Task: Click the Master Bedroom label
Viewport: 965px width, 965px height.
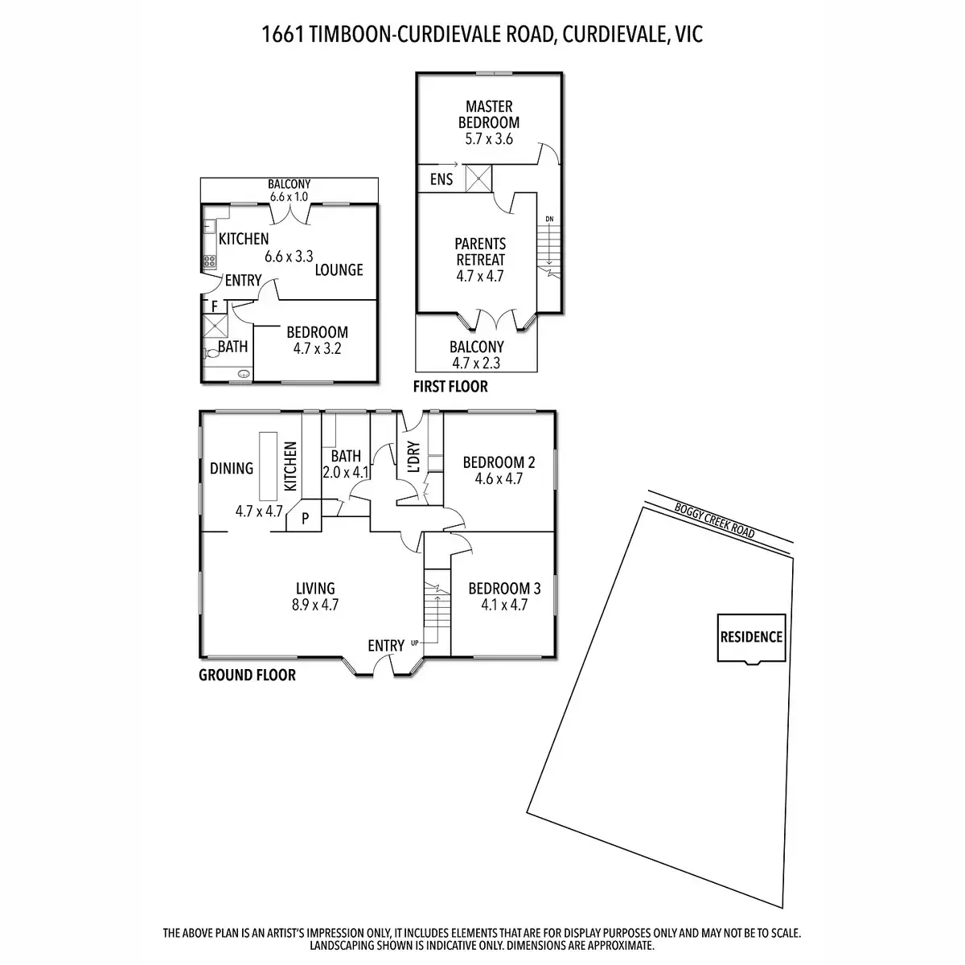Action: pos(489,114)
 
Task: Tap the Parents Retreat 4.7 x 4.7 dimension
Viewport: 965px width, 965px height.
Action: pos(480,276)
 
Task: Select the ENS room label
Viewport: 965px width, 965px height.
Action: pos(441,179)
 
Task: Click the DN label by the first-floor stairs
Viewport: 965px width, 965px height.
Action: pos(549,219)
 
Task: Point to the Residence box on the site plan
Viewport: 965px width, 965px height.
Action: pos(751,638)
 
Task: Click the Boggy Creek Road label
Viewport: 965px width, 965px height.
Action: pos(715,521)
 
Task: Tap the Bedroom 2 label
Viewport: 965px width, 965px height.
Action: pos(499,462)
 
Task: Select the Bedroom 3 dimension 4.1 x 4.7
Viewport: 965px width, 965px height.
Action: pos(504,605)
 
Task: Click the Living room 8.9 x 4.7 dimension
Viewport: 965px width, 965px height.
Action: pos(315,605)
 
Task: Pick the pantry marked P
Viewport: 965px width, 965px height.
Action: pos(305,519)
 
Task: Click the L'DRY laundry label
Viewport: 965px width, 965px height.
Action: pos(413,457)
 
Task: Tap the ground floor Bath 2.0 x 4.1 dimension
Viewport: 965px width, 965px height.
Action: pos(346,472)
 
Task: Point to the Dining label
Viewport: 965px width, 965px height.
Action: pos(232,468)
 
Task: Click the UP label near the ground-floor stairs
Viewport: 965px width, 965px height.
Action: pos(415,643)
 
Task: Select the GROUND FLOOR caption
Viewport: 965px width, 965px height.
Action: pos(248,675)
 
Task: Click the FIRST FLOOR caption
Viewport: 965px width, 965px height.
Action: pos(450,387)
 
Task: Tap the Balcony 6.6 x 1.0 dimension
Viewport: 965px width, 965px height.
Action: pos(289,197)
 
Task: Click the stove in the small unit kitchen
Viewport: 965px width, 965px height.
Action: pos(209,261)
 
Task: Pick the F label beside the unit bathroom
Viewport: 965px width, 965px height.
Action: pos(215,306)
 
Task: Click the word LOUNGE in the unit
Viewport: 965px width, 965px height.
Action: pos(339,270)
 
